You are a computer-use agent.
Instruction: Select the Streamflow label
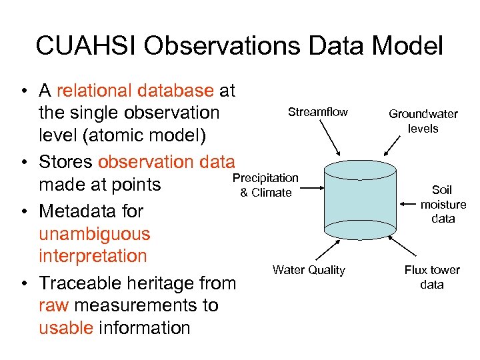pyautogui.click(x=317, y=112)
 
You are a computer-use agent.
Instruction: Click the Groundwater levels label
pyautogui.click(x=423, y=121)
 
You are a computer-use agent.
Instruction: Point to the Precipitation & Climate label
pyautogui.click(x=265, y=185)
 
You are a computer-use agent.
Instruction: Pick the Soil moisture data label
pyautogui.click(x=443, y=204)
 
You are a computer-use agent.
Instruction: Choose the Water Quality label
pyautogui.click(x=309, y=270)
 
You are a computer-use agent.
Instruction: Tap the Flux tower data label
pyautogui.click(x=432, y=277)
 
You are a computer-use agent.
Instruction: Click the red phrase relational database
pyautogui.click(x=136, y=91)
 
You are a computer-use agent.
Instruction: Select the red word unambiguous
pyautogui.click(x=95, y=234)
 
